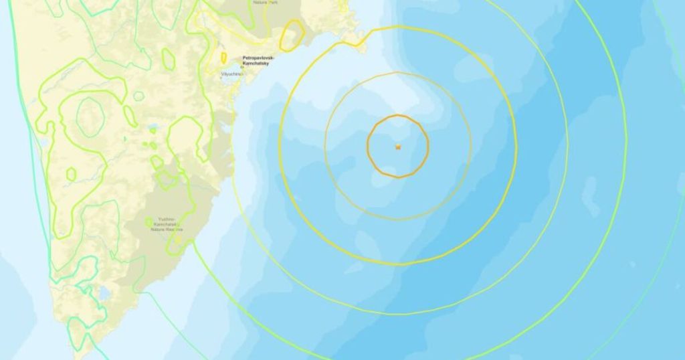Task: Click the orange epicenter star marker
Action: pyautogui.click(x=398, y=146)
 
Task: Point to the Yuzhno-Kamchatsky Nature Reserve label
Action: pyautogui.click(x=165, y=225)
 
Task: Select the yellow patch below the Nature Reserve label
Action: pyautogui.click(x=178, y=240)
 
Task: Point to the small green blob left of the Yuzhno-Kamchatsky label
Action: pyautogui.click(x=149, y=221)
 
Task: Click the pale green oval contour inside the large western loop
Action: pyautogui.click(x=89, y=117)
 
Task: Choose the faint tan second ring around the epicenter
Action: pyautogui.click(x=326, y=146)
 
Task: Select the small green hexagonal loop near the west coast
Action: pyautogui.click(x=71, y=174)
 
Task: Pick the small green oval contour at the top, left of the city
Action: pyautogui.click(x=168, y=60)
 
